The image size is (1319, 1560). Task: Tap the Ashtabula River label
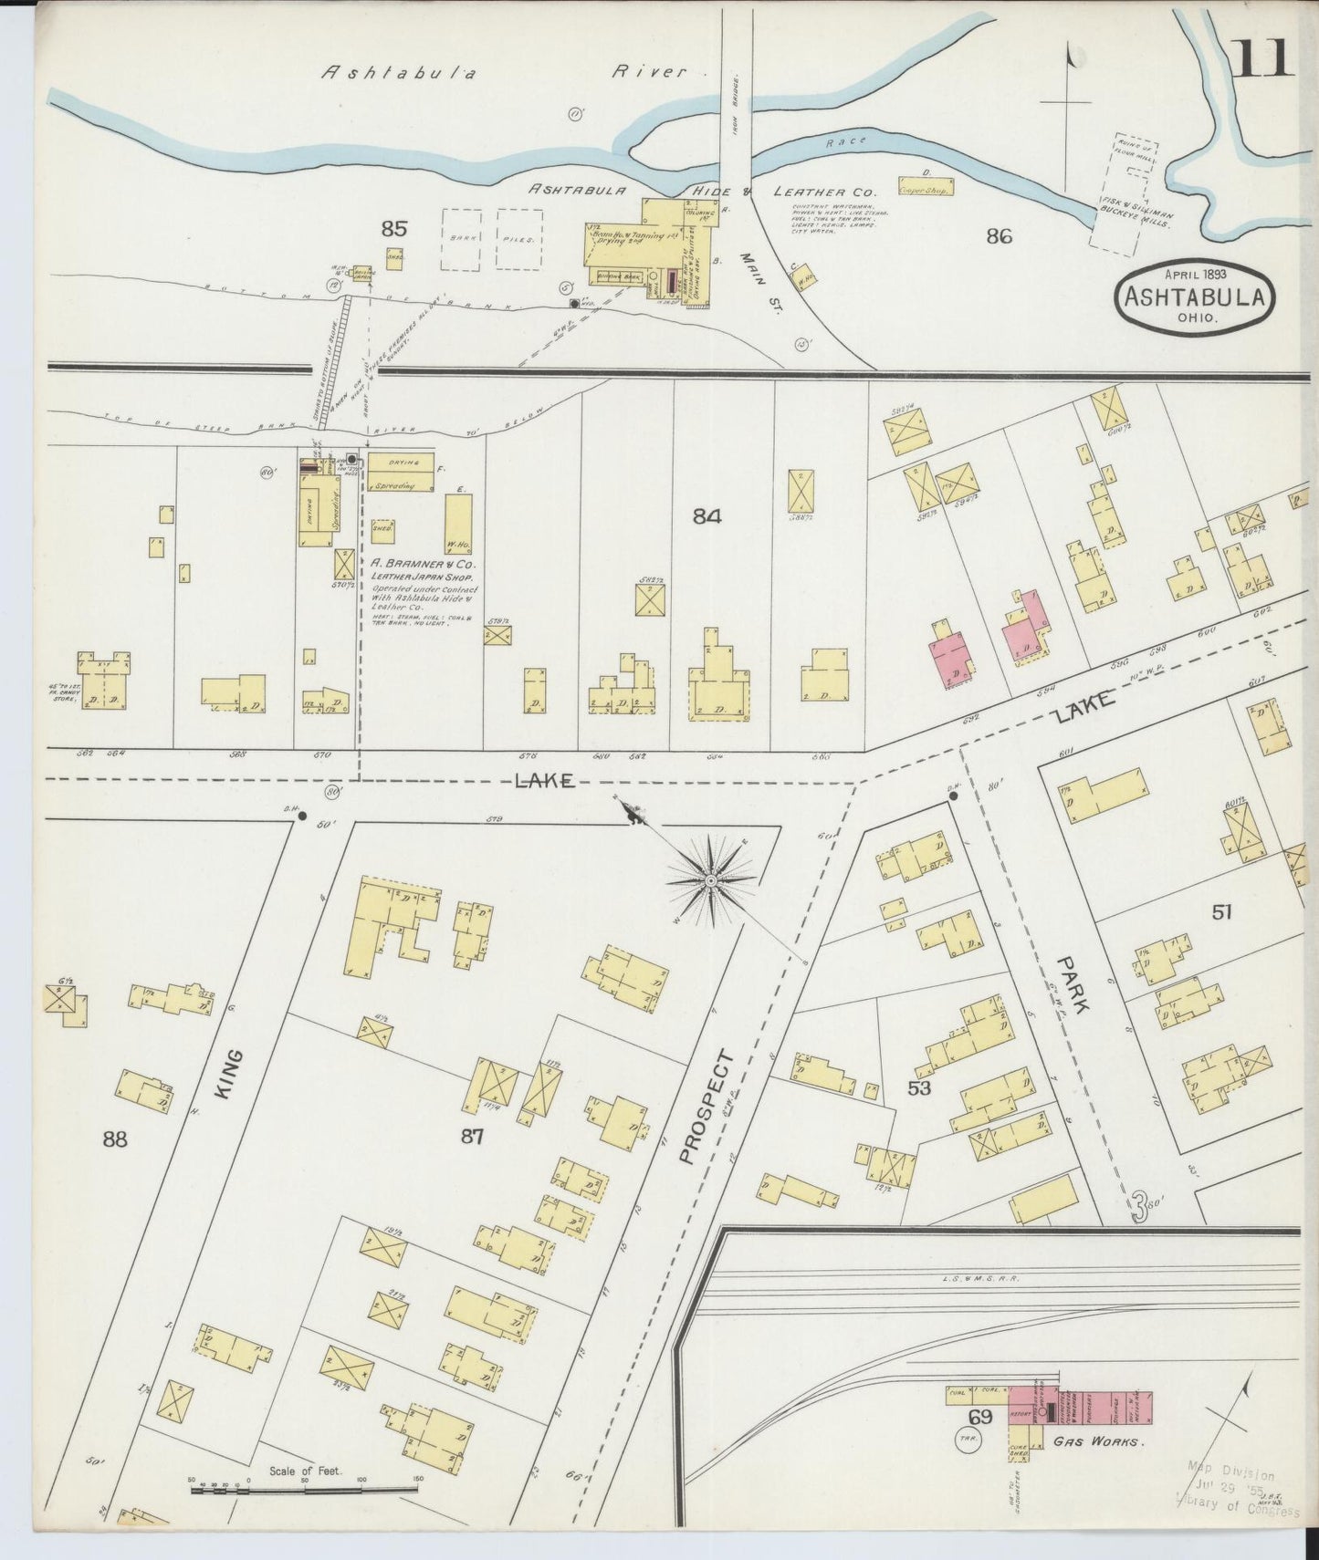[x=503, y=73]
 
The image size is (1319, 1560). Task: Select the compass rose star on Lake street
[x=711, y=879]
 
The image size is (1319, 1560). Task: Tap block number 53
[x=918, y=1087]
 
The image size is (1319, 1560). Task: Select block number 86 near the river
[x=1000, y=236]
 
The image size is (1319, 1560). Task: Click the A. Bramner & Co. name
[x=423, y=564]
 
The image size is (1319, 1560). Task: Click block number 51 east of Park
[x=1221, y=911]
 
